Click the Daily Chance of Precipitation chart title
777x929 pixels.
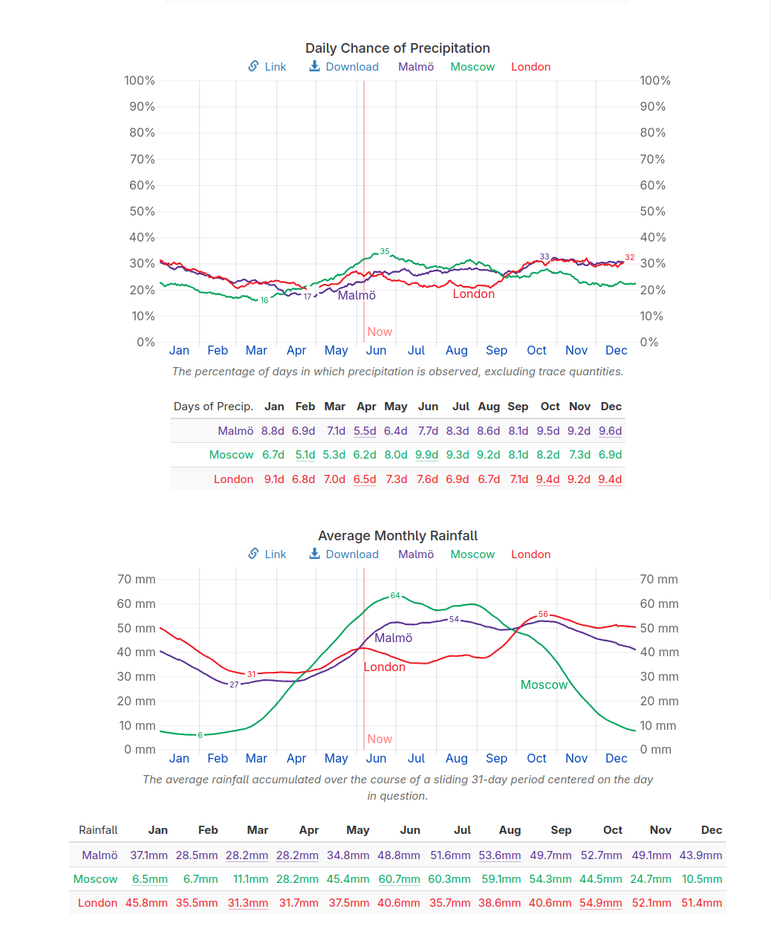coord(397,48)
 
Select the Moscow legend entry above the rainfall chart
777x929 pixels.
coord(472,554)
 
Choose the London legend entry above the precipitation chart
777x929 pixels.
coord(530,67)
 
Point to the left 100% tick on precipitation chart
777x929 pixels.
coord(140,80)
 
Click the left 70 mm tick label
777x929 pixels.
coord(137,580)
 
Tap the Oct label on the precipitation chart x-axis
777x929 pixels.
coord(536,351)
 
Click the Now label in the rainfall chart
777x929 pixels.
coord(380,739)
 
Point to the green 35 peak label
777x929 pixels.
coord(385,251)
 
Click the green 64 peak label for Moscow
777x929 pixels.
coord(395,595)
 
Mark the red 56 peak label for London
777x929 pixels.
coord(543,614)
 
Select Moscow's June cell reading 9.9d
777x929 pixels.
coord(426,455)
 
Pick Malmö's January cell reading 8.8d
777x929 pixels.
coord(273,431)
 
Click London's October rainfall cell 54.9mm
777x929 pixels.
coord(600,903)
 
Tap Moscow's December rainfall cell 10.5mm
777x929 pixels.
coord(702,879)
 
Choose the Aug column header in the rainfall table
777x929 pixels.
coord(510,830)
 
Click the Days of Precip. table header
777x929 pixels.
coord(213,407)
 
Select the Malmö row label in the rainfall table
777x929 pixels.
coord(100,855)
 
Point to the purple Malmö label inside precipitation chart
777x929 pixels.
coord(357,296)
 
